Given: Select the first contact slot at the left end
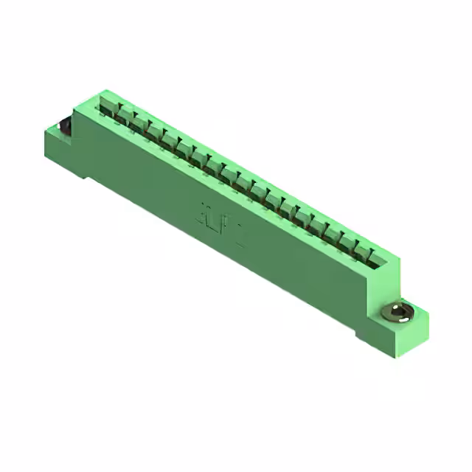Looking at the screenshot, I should pyautogui.click(x=109, y=108).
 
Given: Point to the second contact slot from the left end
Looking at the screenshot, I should pyautogui.click(x=125, y=117).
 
